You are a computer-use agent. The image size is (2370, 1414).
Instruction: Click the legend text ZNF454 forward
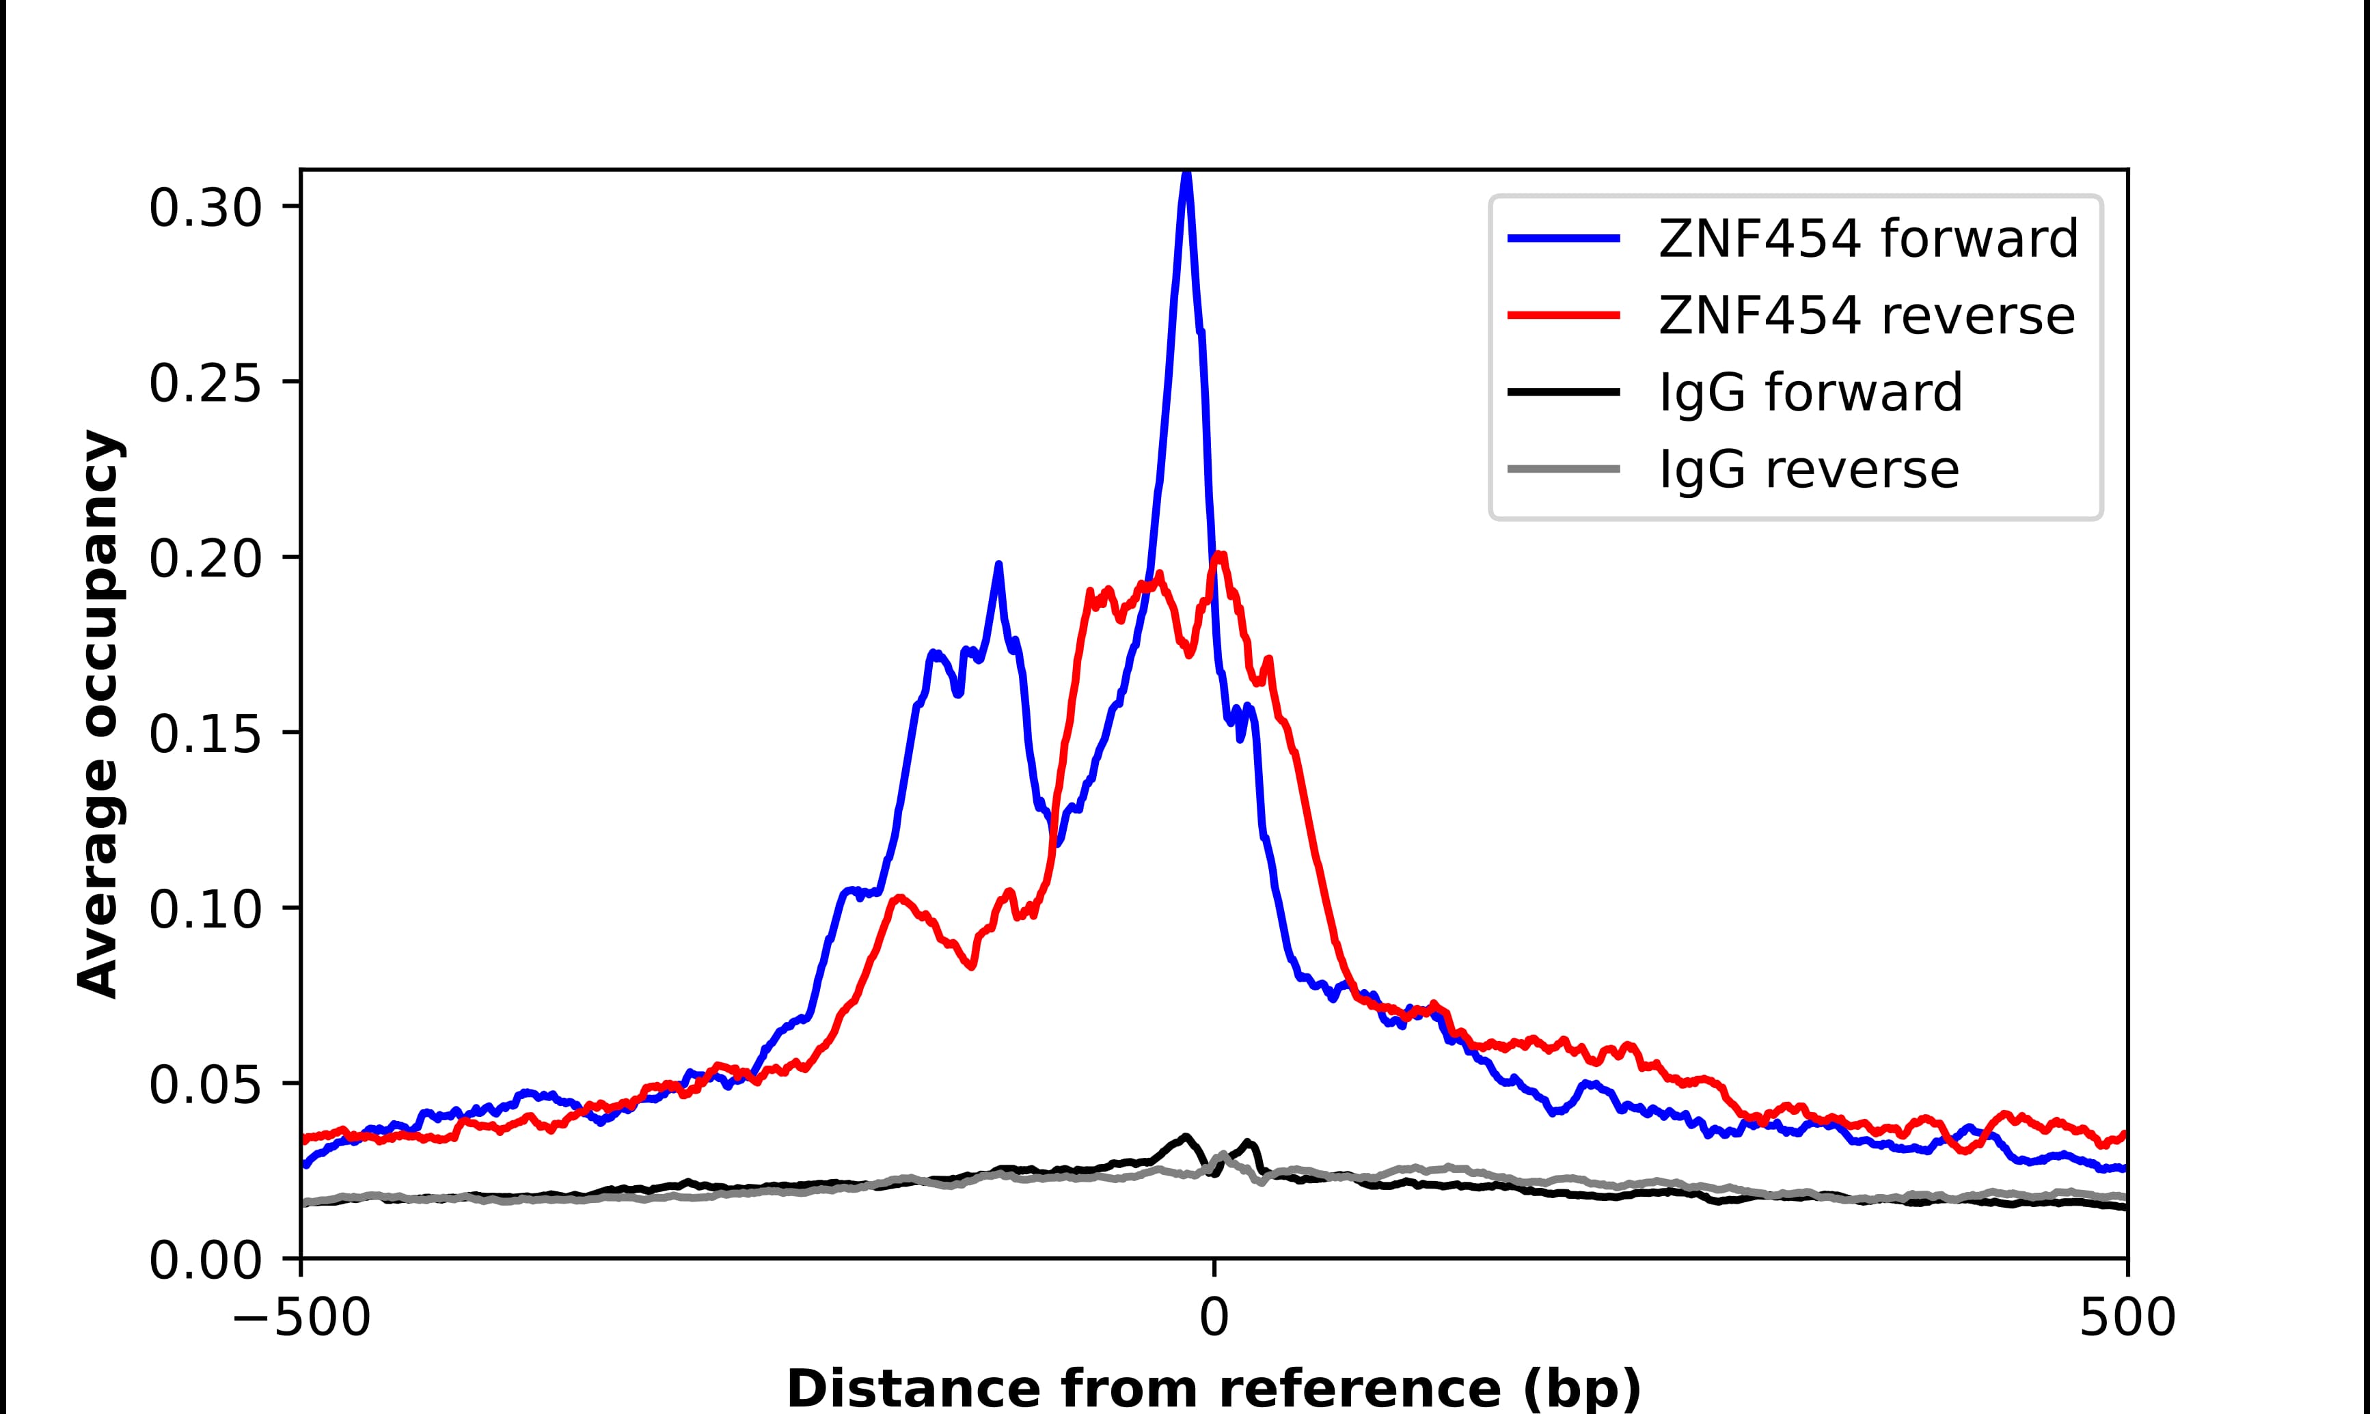1868,238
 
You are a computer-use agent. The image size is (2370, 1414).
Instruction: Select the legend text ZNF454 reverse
1866,316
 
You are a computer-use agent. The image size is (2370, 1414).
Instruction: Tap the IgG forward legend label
1810,393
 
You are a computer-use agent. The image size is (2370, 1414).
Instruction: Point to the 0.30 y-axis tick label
205,208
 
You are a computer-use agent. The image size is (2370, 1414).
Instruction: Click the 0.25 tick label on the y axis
205,383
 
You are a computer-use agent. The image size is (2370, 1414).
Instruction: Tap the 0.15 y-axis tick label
205,734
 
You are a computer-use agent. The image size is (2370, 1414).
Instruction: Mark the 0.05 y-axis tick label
205,1084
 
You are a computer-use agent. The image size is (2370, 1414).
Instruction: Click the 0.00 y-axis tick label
205,1260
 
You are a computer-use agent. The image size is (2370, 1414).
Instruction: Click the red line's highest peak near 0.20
1220,555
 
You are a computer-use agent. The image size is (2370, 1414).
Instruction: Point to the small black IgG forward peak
1186,1136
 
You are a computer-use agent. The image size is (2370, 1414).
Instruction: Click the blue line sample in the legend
1563,238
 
